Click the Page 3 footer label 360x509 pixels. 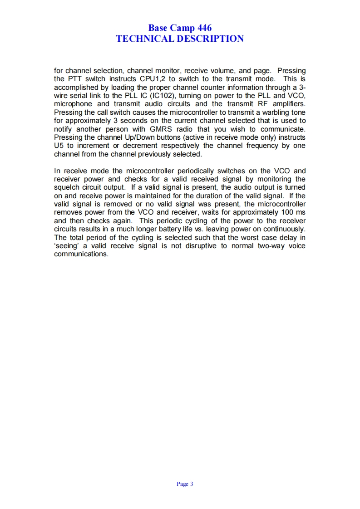click(185, 484)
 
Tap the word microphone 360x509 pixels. click(73, 104)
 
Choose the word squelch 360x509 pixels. click(66, 187)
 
